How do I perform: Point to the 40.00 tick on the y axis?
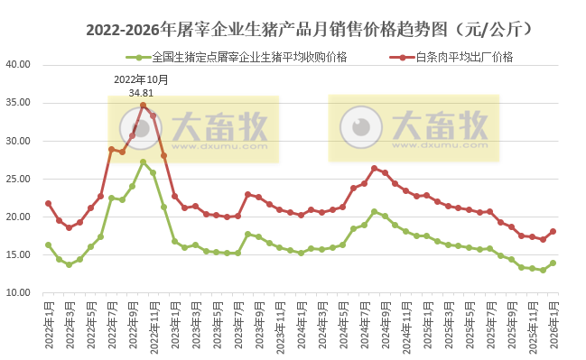tap(18, 65)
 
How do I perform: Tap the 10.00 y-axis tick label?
tap(18, 292)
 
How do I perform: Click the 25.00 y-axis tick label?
tap(18, 179)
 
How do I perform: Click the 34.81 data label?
tap(141, 92)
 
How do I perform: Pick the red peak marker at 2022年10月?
tap(143, 106)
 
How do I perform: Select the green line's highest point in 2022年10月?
tap(143, 162)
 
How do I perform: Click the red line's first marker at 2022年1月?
tap(48, 203)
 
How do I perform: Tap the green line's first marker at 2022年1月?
tap(48, 245)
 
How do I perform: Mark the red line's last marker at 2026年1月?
tap(553, 231)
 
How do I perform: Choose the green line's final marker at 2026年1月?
tap(553, 263)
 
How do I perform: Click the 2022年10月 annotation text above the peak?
tap(141, 79)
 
